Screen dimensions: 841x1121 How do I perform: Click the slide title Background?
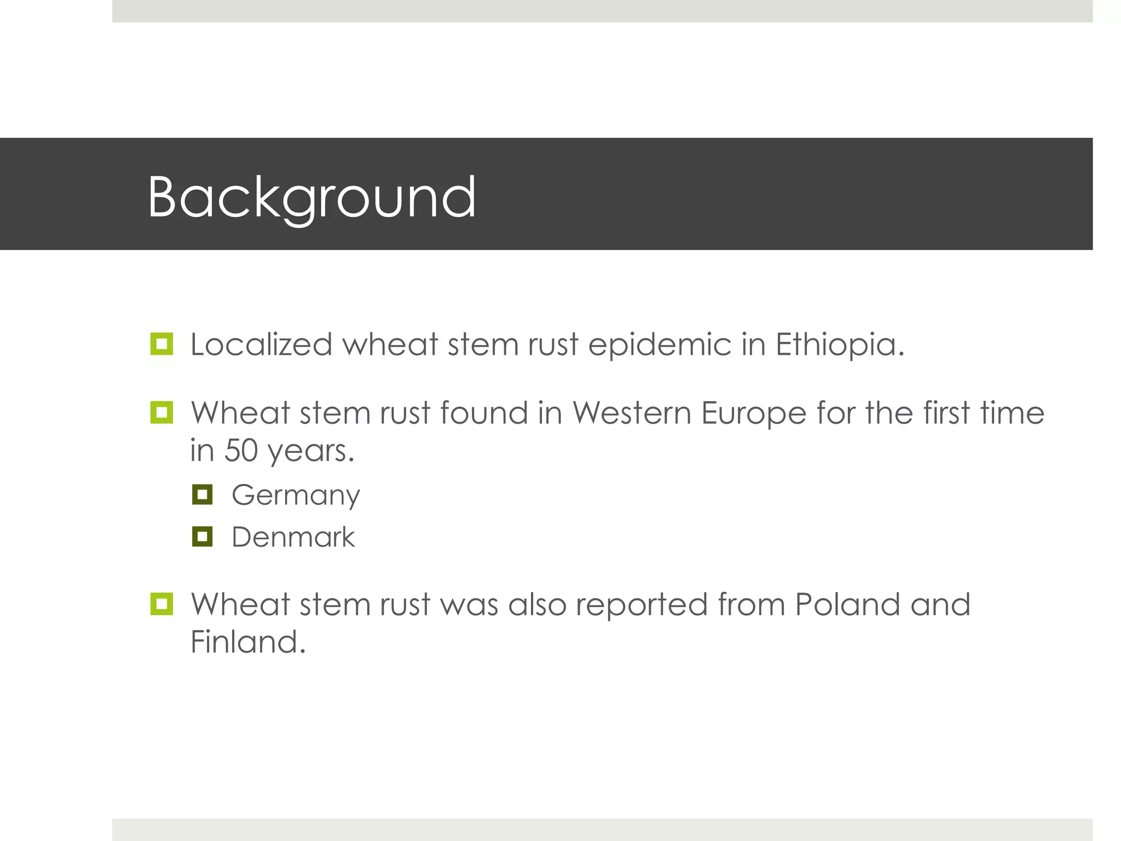click(311, 197)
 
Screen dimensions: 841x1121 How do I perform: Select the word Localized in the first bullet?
click(261, 345)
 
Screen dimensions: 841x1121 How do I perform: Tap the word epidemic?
click(660, 345)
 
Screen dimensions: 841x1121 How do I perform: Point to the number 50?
click(241, 451)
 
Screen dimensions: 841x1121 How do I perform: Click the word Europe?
click(754, 413)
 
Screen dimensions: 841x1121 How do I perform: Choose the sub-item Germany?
click(296, 496)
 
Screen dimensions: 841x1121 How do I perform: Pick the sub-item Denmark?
click(293, 537)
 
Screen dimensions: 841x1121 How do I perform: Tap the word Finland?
click(247, 642)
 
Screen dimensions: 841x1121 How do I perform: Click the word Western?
click(632, 413)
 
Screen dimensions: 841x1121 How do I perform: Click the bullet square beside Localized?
click(161, 344)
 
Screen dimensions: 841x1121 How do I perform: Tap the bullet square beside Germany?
click(202, 494)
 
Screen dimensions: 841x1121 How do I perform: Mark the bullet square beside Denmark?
click(202, 537)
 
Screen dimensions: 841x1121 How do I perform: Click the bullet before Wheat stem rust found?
click(161, 412)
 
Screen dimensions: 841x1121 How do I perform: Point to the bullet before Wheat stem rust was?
click(161, 604)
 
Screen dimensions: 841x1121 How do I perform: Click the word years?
click(311, 452)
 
